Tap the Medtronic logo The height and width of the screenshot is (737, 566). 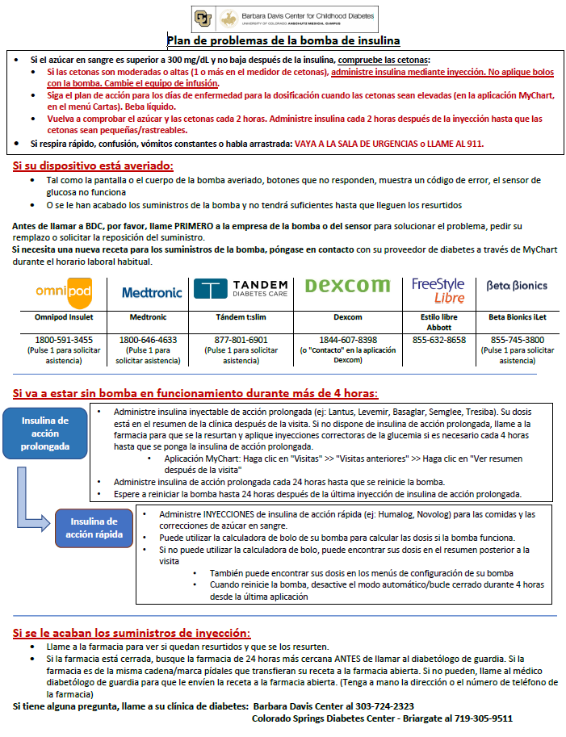point(151,292)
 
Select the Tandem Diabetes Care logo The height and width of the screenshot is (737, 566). point(240,289)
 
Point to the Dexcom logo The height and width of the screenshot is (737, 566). point(348,286)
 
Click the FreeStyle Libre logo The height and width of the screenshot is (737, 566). point(438,290)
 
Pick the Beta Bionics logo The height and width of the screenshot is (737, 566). point(517,286)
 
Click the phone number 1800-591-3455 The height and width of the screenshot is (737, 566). point(63,340)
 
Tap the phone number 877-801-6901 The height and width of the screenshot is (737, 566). point(240,340)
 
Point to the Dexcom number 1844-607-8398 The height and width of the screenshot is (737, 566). point(348,340)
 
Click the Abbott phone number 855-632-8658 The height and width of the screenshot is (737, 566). point(438,340)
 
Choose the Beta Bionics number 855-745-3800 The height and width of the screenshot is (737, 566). point(517,340)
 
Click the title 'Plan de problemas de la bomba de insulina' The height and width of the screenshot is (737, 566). point(283,40)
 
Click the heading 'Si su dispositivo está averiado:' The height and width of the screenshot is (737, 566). point(93,165)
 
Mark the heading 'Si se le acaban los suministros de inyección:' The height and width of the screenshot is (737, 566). point(132,633)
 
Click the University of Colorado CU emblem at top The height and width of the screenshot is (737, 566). point(203,18)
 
